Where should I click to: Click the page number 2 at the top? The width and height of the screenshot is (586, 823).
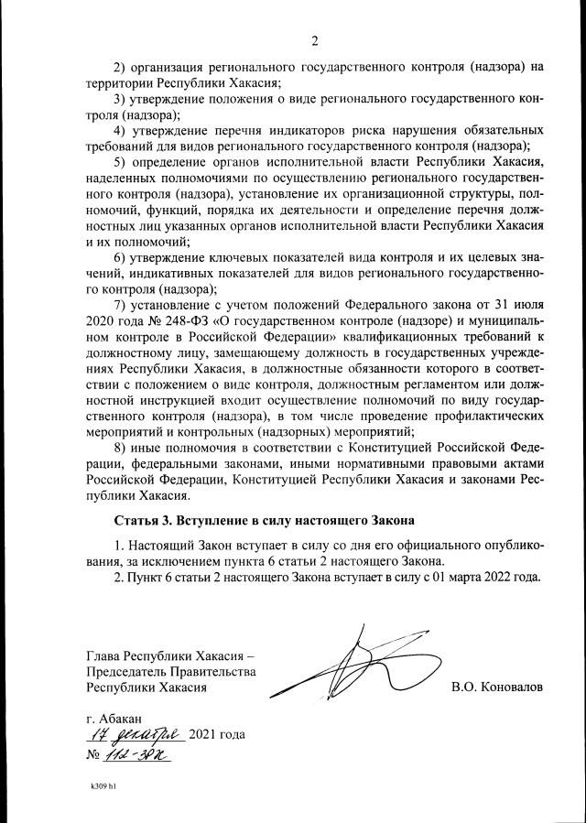click(313, 40)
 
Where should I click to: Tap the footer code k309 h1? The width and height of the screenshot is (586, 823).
click(103, 786)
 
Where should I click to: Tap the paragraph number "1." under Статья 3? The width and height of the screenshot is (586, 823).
click(118, 545)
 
